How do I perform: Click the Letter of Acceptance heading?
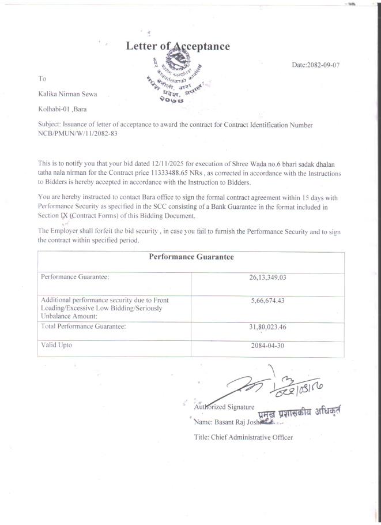click(178, 46)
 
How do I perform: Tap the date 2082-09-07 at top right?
click(316, 65)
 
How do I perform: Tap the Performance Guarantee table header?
click(191, 257)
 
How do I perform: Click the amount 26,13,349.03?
click(267, 277)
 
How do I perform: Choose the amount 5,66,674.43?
click(267, 301)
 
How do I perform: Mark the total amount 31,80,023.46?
click(267, 327)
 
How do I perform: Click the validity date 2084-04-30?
click(267, 346)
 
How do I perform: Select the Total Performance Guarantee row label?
click(84, 327)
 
